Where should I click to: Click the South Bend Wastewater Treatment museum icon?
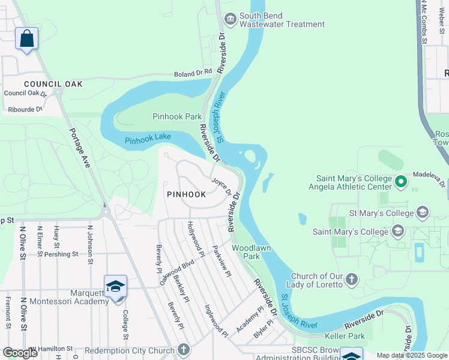tap(231, 20)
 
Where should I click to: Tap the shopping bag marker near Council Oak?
tap(26, 39)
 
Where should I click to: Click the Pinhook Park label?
tap(176, 116)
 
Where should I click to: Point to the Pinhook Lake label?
tap(148, 140)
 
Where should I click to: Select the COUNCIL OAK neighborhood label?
tap(53, 84)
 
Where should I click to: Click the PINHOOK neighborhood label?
tap(186, 194)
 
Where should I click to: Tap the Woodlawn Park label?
tap(252, 252)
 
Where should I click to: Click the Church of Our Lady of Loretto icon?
tap(352, 280)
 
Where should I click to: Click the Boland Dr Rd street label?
tap(193, 73)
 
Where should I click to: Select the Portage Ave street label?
tap(79, 148)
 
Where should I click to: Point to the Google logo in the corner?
tap(20, 353)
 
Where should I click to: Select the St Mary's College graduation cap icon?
tap(423, 213)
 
